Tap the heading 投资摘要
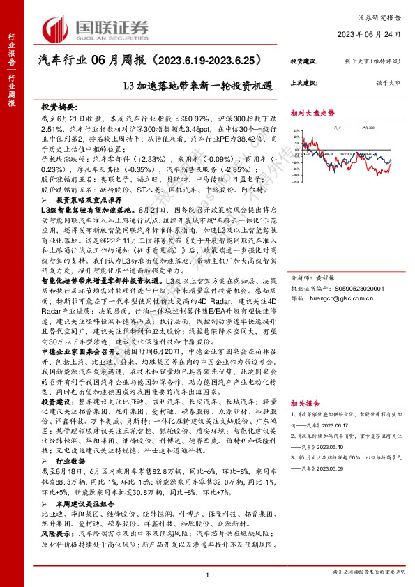click(58, 109)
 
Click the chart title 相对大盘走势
click(312, 112)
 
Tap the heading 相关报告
click(305, 402)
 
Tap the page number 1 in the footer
click(208, 574)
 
